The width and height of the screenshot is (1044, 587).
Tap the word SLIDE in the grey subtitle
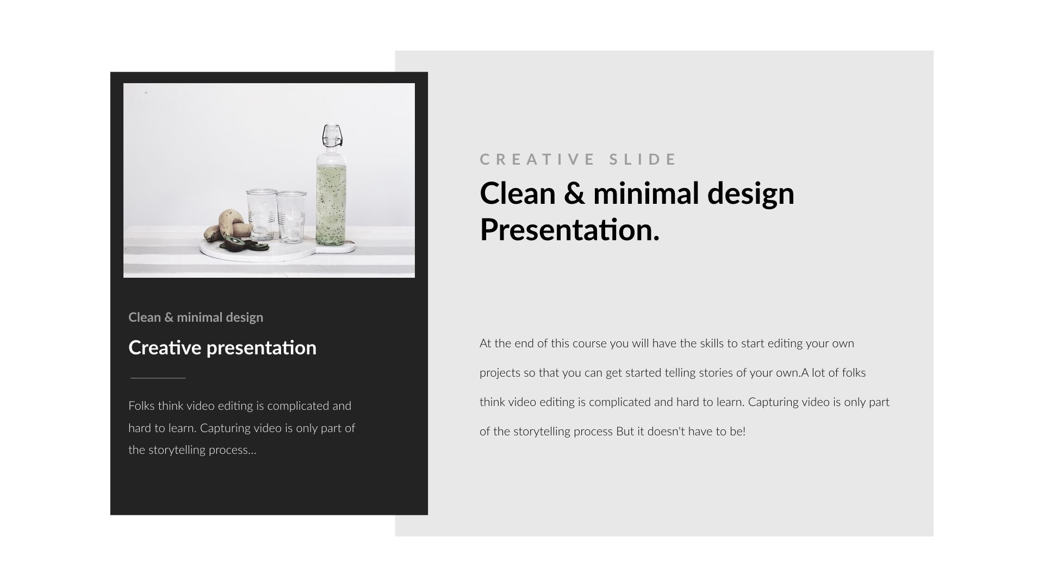[x=643, y=159]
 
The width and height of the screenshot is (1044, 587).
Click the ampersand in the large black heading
[x=574, y=193]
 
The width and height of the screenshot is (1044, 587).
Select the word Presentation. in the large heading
[x=569, y=230]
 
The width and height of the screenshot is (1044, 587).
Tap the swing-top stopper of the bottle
[x=331, y=135]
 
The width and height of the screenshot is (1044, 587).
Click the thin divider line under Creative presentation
[x=158, y=378]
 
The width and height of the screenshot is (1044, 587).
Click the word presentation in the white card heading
[x=261, y=348]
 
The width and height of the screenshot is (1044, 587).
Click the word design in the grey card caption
[x=245, y=317]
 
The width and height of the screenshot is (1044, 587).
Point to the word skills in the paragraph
[x=712, y=344]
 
